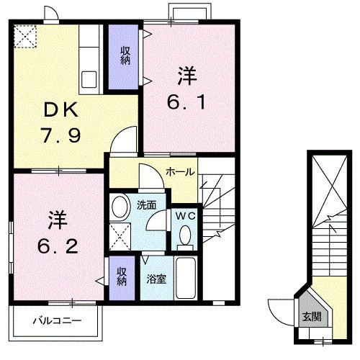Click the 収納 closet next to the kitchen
124,56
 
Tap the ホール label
178,171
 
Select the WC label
184,214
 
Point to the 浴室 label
157,278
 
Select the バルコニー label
56,320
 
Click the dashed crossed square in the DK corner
25,36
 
